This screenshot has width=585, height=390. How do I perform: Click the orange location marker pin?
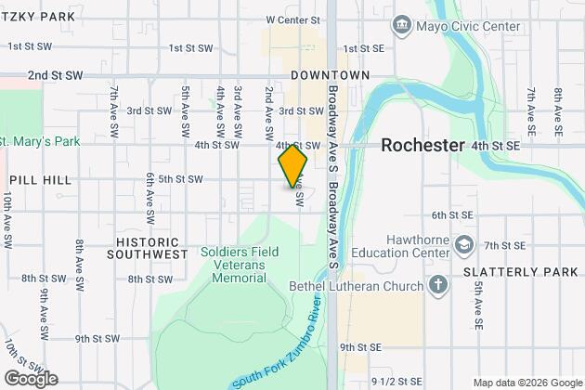(292, 166)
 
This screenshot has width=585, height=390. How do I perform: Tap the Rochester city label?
(422, 146)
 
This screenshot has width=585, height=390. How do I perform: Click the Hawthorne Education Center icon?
(464, 245)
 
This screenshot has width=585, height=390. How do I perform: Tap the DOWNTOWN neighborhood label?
(330, 74)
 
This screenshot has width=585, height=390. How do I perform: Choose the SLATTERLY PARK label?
(508, 272)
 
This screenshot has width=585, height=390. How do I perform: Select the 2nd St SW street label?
(56, 74)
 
